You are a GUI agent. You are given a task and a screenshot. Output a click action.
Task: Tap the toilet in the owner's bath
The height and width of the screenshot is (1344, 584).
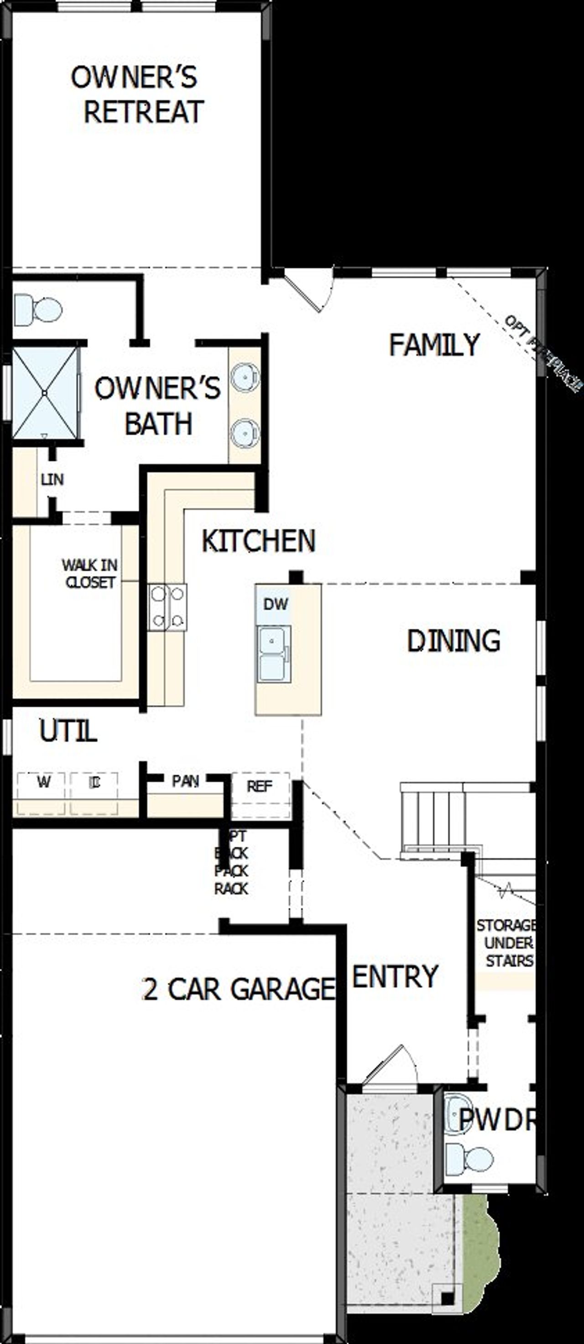point(39,309)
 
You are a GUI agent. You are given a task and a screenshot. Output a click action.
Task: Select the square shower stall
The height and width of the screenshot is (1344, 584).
point(45,392)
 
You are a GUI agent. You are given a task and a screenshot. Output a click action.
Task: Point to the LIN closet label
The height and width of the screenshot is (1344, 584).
point(52,479)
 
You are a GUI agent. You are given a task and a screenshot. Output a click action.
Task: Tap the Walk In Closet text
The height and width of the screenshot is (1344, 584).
point(89,574)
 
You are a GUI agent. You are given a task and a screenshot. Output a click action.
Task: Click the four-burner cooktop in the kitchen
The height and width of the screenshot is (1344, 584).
point(167,607)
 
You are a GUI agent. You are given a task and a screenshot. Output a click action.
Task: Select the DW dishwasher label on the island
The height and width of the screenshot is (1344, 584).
point(275,604)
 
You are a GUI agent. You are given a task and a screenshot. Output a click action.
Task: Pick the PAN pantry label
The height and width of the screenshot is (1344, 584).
point(185,781)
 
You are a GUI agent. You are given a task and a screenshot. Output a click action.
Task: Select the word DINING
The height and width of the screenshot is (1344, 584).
point(453,641)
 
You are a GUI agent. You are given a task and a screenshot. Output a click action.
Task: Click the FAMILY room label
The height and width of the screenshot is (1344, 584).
point(434,344)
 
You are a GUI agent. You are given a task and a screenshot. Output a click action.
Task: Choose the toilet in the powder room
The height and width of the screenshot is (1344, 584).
point(472,1160)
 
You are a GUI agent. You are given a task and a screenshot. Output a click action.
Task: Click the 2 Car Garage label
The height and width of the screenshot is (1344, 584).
point(238,988)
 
